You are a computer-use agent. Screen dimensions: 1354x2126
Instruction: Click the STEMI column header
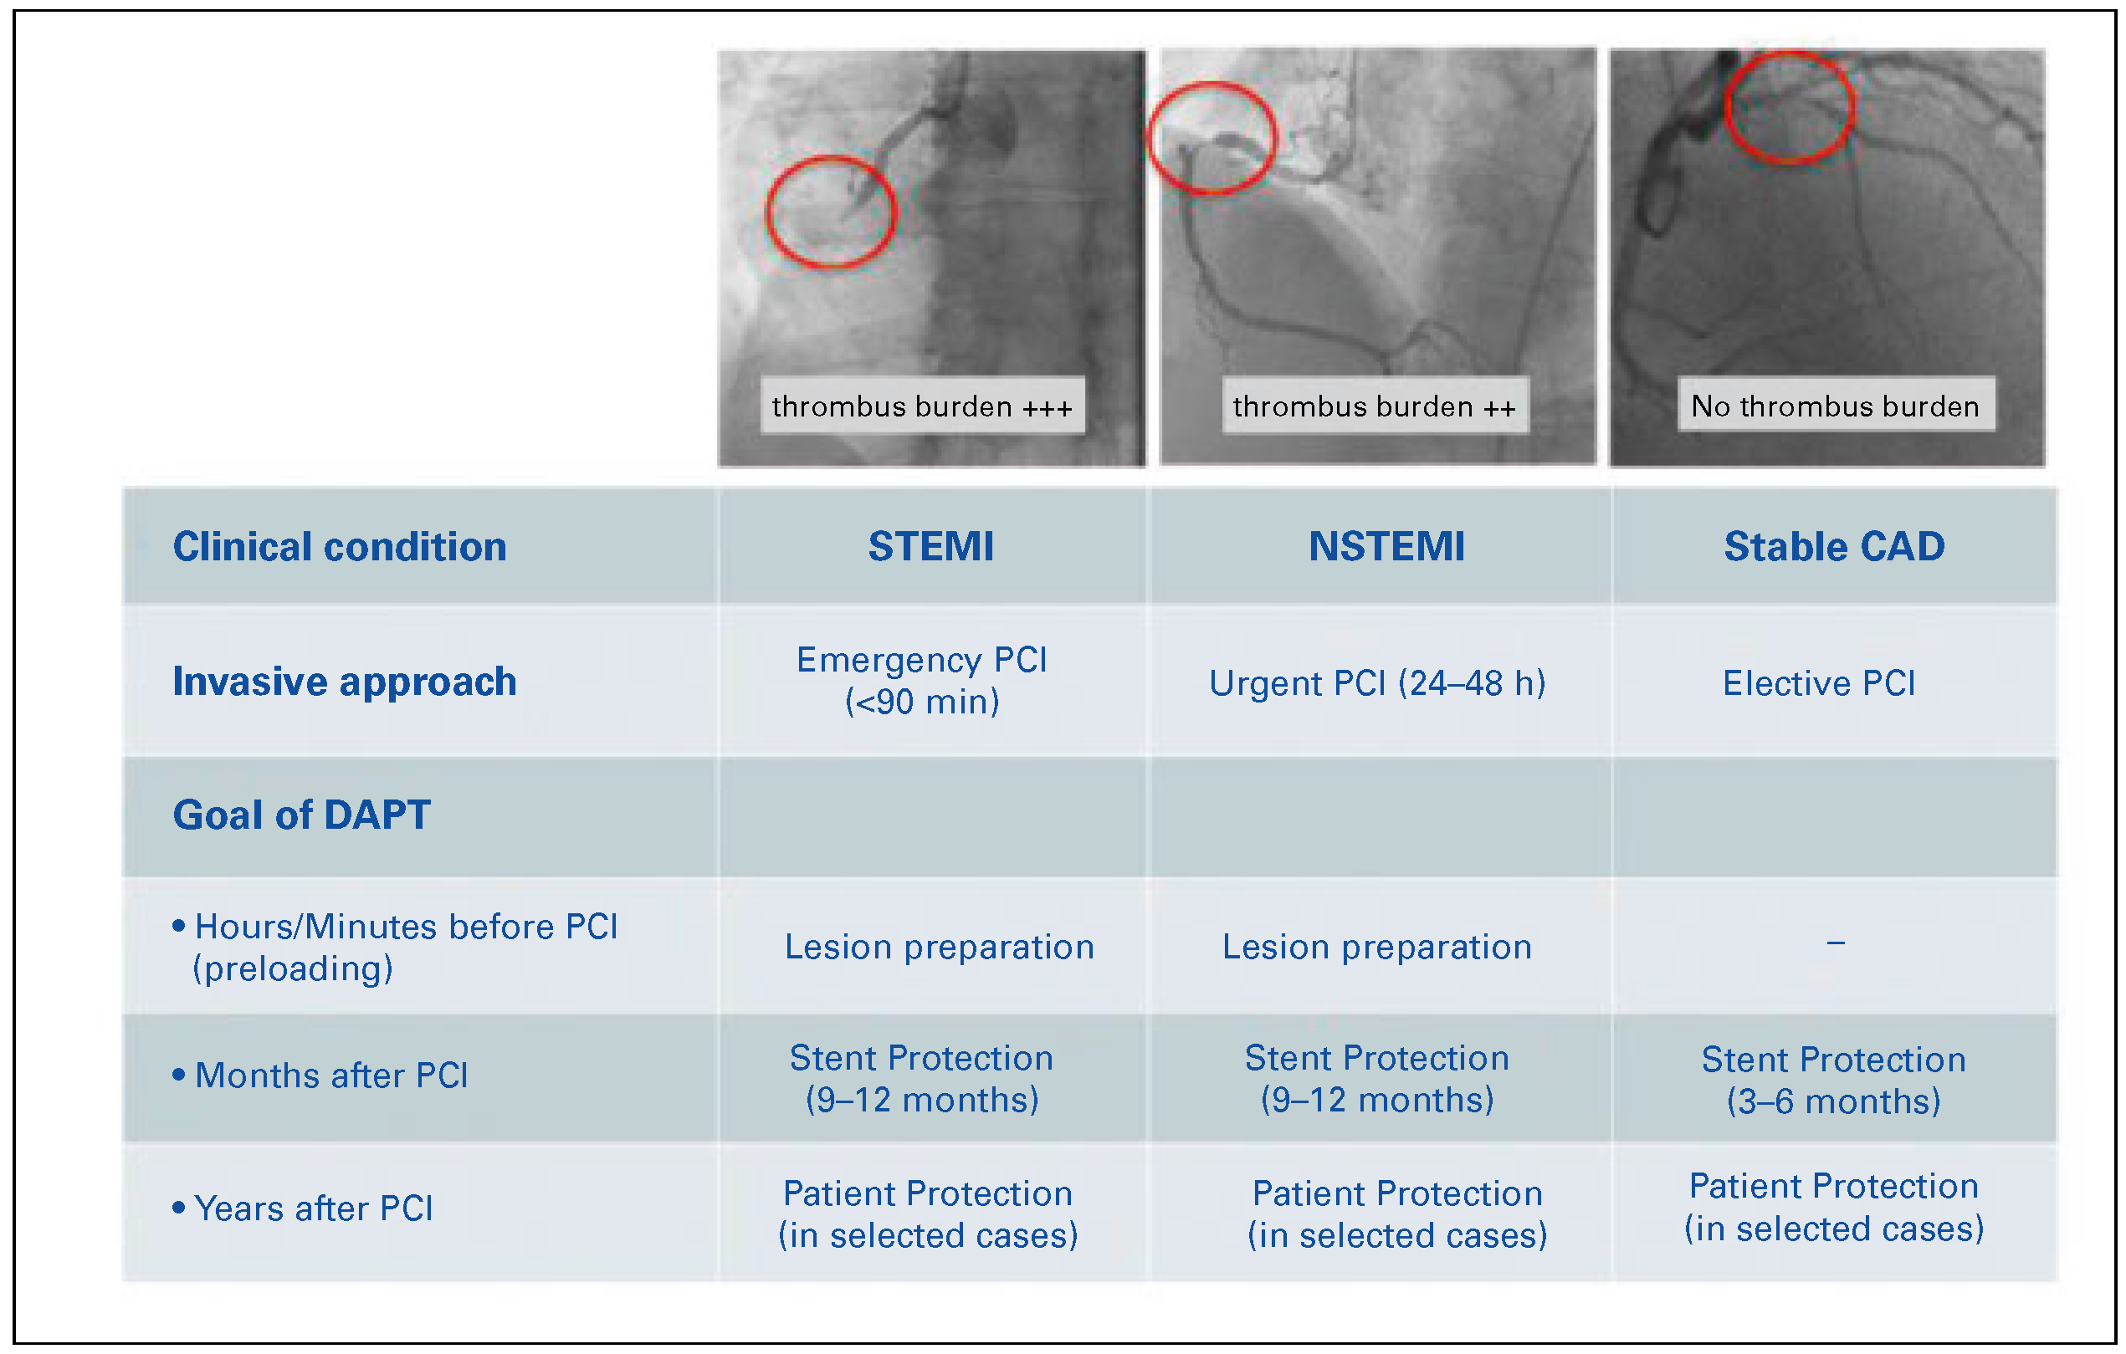930,546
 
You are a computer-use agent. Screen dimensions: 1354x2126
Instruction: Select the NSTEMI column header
1386,546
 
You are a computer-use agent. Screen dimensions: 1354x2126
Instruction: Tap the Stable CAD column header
1834,546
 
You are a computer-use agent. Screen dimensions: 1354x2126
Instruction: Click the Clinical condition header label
339,546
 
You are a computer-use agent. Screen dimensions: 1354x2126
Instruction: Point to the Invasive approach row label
345,682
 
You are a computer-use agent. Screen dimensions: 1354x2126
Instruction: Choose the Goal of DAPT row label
301,815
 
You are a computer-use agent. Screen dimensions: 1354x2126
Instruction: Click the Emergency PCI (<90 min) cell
922,681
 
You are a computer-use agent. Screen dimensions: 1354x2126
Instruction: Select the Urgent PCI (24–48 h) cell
1377,683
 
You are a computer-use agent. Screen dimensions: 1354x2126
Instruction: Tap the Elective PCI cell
1819,683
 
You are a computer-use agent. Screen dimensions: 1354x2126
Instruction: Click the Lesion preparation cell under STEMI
940,947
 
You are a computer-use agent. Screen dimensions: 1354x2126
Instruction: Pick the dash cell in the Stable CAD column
1836,943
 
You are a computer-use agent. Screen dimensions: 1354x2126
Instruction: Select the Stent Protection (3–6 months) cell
1834,1080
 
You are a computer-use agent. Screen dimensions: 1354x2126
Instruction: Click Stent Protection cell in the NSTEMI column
1377,1079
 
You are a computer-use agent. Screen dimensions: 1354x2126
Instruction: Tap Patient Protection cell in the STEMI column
928,1213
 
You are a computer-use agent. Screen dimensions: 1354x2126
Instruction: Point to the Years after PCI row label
314,1208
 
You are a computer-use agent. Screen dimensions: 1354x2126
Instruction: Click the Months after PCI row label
331,1075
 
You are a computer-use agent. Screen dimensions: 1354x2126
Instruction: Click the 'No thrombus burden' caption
1835,405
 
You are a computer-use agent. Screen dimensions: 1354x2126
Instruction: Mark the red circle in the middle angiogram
1212,138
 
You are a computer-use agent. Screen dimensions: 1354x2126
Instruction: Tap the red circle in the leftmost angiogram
831,212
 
